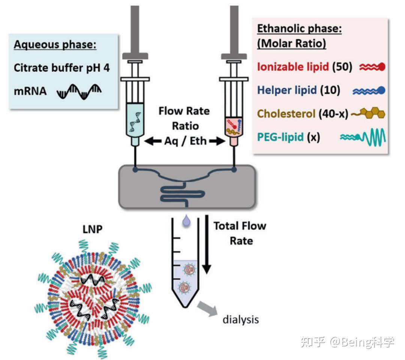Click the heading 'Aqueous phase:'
55,44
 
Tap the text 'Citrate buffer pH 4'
62,68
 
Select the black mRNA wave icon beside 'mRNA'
79,92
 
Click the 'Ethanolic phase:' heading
299,29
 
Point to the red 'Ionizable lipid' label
293,67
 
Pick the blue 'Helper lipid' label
287,90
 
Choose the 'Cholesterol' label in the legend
286,113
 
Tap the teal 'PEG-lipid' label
280,137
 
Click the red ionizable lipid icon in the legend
372,67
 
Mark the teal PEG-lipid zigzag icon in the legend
363,137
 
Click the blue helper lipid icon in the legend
369,90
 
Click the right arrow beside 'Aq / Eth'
217,141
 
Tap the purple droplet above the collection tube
186,221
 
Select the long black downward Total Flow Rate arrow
207,244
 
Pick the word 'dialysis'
241,320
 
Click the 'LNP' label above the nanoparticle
93,229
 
